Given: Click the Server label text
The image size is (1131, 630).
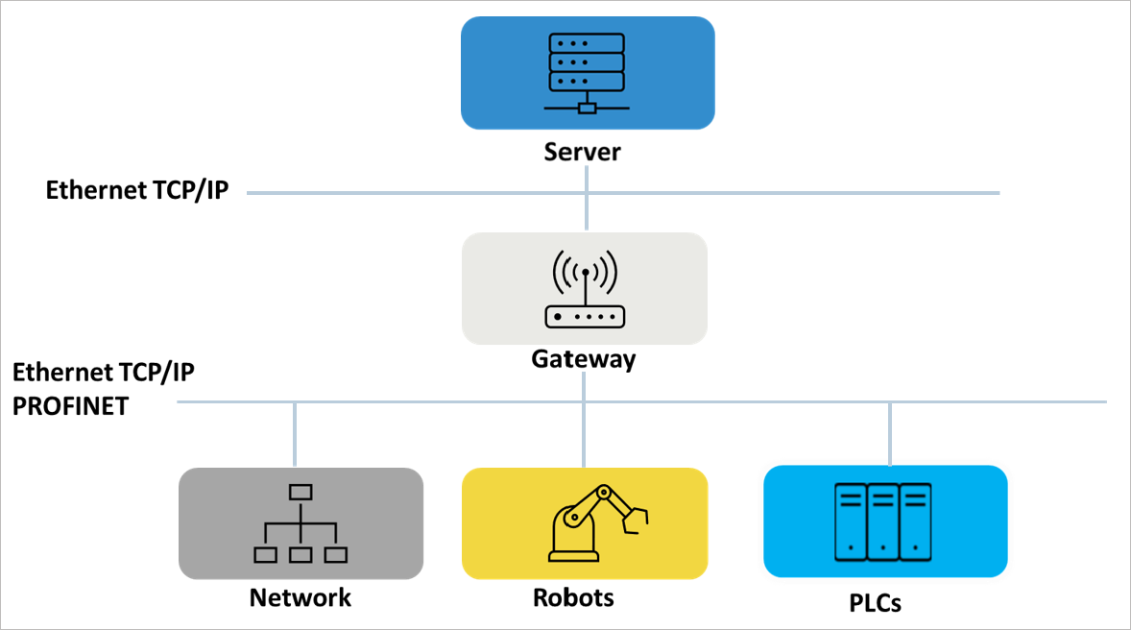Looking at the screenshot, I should click(x=583, y=152).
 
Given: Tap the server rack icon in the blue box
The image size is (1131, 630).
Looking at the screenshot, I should click(x=586, y=73).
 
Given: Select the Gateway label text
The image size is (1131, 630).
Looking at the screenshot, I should click(x=584, y=359).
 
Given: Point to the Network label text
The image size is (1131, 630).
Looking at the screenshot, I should click(x=301, y=597).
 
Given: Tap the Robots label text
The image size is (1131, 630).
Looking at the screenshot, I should click(x=573, y=597).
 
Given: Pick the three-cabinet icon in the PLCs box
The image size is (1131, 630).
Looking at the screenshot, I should click(x=884, y=521).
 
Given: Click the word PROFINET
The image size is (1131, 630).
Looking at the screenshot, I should click(x=70, y=406).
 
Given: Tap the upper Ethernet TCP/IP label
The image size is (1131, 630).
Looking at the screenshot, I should click(x=137, y=190).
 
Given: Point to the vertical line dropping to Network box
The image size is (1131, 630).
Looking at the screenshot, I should click(x=295, y=434).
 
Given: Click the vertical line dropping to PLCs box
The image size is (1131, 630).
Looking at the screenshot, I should click(x=890, y=432).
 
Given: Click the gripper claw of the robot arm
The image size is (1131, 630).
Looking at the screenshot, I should click(x=636, y=518).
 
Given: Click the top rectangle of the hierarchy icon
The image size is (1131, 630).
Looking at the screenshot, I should click(x=301, y=493).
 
